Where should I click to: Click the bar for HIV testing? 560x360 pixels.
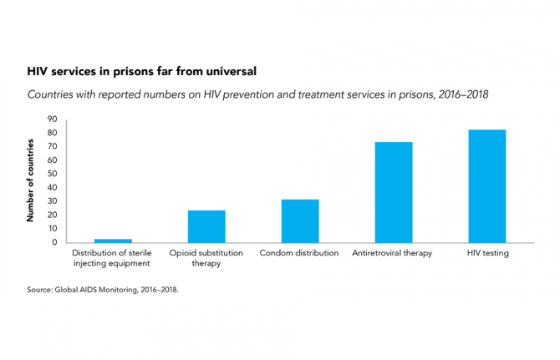point(486,185)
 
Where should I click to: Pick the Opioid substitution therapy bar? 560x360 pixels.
point(206,226)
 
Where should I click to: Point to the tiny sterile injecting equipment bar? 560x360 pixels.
point(113,241)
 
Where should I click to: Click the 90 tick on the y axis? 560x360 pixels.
point(52,119)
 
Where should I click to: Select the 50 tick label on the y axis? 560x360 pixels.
point(52,174)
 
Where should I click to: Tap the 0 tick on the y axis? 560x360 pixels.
point(54,242)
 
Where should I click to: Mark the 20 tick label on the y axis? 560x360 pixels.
point(52,215)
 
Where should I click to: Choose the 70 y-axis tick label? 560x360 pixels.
point(52,146)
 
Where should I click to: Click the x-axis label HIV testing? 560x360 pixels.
point(486,253)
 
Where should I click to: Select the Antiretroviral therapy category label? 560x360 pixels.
point(393,253)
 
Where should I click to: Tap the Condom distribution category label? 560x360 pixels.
point(299,253)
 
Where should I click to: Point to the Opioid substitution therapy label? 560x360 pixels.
point(206,258)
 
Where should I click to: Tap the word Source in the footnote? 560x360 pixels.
point(39,290)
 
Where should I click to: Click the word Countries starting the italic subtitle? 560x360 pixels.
point(52,95)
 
